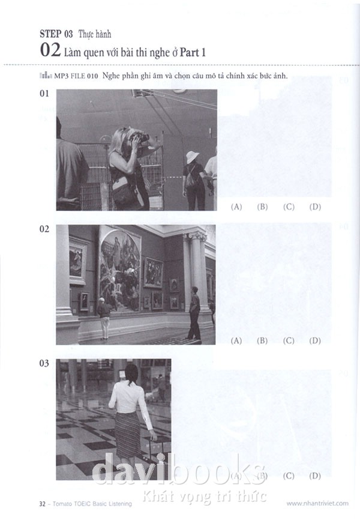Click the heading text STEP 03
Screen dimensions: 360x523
[56, 34]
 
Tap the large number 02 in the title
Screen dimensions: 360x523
[50, 50]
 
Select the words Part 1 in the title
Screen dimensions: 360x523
[193, 52]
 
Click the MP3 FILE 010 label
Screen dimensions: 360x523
[76, 76]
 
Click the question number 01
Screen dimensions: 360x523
[44, 94]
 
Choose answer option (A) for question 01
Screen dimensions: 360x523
[236, 207]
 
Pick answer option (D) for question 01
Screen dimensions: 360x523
[315, 207]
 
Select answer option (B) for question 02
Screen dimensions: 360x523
[262, 340]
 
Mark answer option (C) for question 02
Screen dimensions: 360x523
[289, 340]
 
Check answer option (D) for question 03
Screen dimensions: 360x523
[315, 476]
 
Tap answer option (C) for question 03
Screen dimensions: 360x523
[289, 476]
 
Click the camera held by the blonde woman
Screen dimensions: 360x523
[140, 137]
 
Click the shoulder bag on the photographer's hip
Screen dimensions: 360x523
[124, 195]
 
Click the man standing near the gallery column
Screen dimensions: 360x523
[194, 313]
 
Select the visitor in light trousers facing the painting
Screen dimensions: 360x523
[104, 318]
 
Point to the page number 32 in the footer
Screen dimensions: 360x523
[43, 504]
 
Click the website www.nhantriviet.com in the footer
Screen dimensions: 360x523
[317, 503]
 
